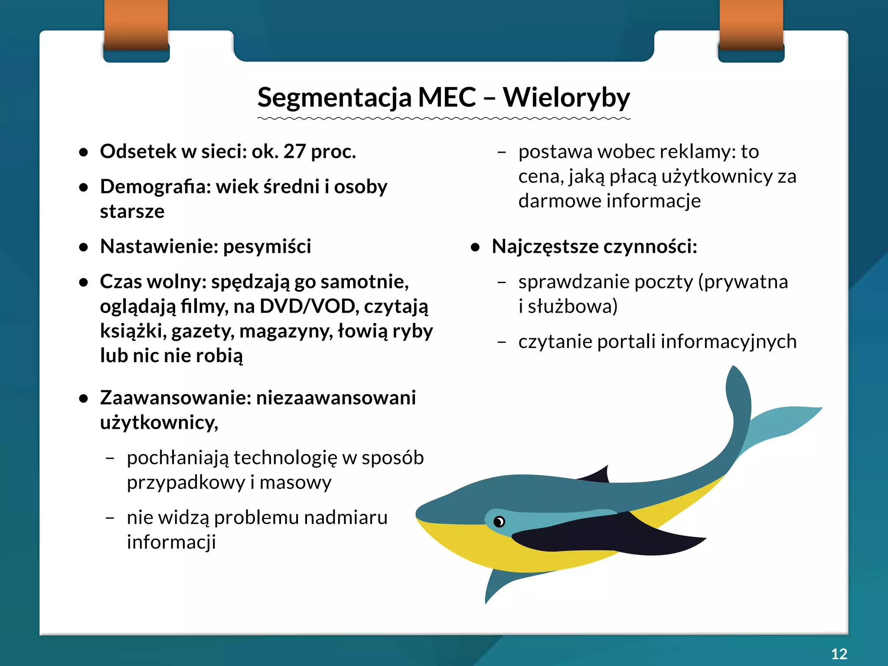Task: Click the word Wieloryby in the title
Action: (x=566, y=98)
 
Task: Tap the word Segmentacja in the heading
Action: (x=334, y=98)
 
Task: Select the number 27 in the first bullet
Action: (x=294, y=151)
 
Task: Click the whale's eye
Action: (x=499, y=521)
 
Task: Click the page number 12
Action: (x=839, y=653)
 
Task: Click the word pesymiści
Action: (x=267, y=246)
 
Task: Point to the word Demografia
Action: (x=155, y=186)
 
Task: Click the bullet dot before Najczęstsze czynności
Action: (x=476, y=247)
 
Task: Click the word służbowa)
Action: (x=572, y=306)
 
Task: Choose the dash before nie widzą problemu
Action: (x=110, y=518)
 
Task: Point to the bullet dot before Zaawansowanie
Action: (x=84, y=398)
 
